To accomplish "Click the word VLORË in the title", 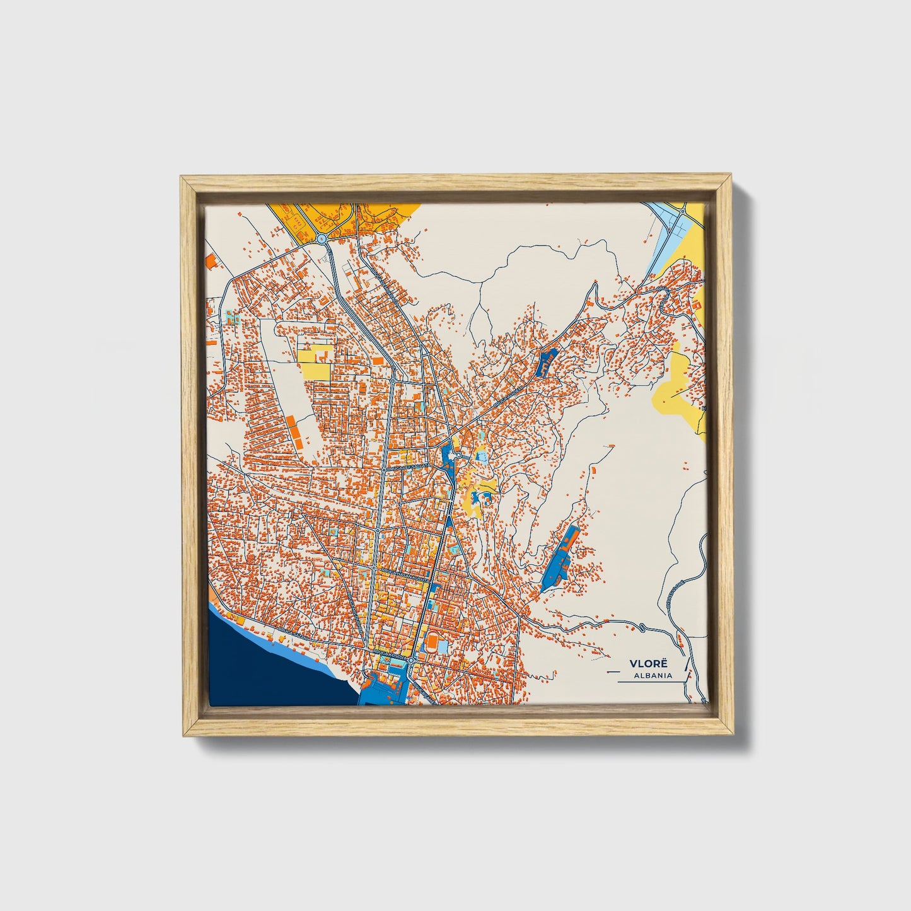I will tap(642, 664).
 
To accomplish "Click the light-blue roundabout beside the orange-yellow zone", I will tap(322, 239).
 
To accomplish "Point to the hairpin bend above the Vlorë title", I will tap(641, 627).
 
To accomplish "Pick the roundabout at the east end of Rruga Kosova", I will tap(410, 659).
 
